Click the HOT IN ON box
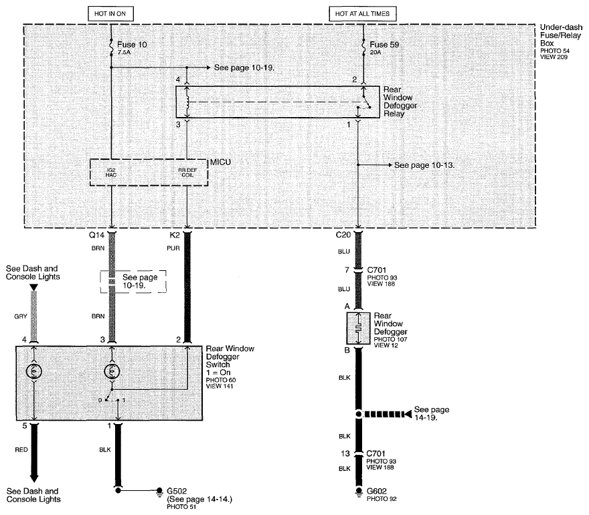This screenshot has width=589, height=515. click(111, 14)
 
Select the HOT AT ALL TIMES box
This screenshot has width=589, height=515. click(363, 14)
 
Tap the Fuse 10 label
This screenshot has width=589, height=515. click(132, 45)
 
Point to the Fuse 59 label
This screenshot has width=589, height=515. click(384, 45)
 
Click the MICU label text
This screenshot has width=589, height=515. click(220, 162)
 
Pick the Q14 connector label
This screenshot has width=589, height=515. click(96, 235)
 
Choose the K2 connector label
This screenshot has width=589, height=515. click(175, 235)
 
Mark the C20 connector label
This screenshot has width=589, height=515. click(343, 235)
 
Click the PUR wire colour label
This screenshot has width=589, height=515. click(173, 248)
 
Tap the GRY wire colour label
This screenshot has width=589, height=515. click(21, 316)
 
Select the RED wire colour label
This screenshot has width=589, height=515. click(21, 449)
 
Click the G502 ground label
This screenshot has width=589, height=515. click(177, 491)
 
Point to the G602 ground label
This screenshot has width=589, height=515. click(377, 491)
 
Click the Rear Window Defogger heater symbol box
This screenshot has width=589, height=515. click(358, 328)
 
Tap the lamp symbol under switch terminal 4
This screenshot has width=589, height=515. click(34, 372)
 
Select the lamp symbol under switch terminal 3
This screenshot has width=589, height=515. click(112, 372)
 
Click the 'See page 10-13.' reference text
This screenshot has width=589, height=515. click(424, 165)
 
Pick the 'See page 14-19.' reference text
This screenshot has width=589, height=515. click(432, 413)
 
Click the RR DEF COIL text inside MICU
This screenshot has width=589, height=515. click(187, 173)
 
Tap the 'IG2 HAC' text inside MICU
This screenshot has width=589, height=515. click(111, 173)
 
